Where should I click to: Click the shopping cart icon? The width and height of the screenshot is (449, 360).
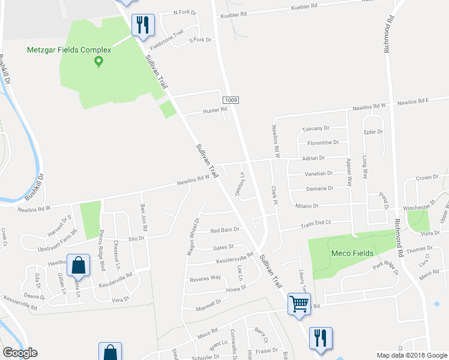pos(298,303)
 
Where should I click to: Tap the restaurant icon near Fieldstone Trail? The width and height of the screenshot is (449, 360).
pos(143,25)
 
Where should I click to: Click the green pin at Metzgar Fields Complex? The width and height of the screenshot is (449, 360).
pos(100,61)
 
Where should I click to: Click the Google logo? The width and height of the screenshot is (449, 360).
pos(20,353)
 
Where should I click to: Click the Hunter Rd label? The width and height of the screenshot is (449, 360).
pos(214,109)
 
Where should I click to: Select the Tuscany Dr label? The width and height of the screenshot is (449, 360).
pos(316,128)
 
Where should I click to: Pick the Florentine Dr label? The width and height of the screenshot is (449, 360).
pos(323,143)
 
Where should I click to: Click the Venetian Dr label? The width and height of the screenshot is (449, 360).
pos(318,173)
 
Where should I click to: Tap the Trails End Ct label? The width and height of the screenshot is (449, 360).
pos(315,223)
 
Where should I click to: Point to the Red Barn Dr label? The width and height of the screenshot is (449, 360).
pos(224,229)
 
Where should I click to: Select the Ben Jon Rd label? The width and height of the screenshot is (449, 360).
pos(143,214)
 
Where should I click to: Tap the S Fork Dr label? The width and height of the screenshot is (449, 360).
pos(200,40)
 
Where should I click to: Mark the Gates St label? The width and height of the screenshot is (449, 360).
pos(223,248)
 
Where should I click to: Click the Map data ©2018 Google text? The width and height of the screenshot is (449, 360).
pos(411,355)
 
